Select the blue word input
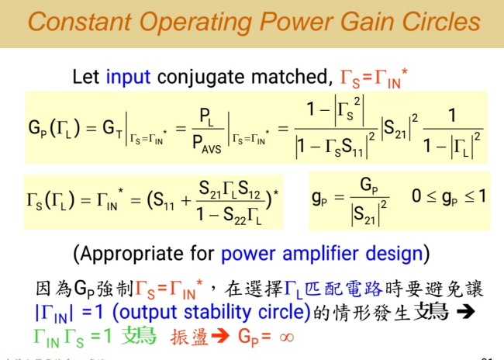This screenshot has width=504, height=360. [x=129, y=78]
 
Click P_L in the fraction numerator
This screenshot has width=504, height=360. [x=205, y=116]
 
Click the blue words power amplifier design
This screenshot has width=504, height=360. [x=322, y=253]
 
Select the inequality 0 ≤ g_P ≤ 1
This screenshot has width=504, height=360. [x=448, y=196]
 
